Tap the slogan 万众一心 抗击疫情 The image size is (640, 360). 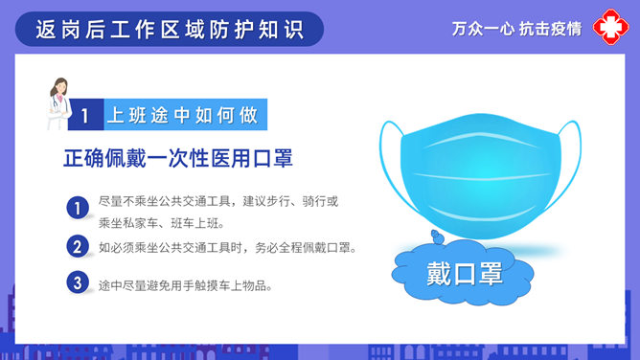(516, 29)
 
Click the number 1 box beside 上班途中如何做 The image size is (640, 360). (85, 116)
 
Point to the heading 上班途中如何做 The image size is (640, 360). (182, 116)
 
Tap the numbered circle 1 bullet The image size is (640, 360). (78, 208)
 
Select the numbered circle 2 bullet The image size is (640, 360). (78, 246)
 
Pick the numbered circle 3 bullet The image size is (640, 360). (78, 283)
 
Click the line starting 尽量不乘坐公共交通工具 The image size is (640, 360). (218, 202)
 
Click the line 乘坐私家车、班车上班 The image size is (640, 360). (161, 223)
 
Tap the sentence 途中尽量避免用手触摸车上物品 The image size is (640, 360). (185, 284)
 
